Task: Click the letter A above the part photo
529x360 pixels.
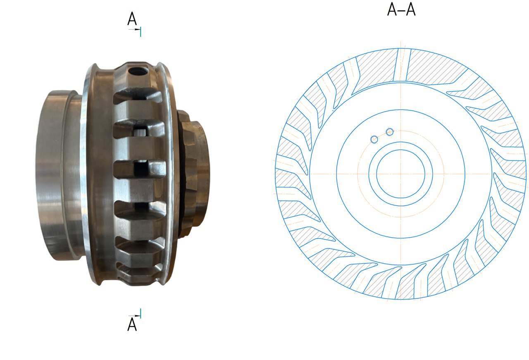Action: [x=132, y=19]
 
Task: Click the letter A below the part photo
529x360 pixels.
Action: [x=132, y=324]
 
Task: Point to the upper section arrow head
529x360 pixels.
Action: [x=138, y=29]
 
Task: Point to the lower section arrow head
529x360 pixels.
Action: [x=138, y=316]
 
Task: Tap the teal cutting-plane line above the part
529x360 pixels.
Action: [x=141, y=32]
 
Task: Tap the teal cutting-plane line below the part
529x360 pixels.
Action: [x=141, y=313]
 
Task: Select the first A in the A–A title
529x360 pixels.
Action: [x=392, y=10]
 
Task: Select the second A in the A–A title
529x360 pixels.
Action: [x=410, y=10]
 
